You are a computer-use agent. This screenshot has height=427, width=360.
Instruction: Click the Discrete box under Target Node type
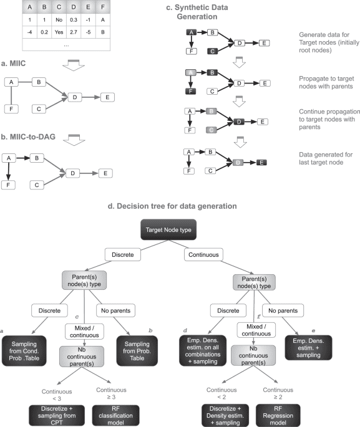click(x=147, y=256)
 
